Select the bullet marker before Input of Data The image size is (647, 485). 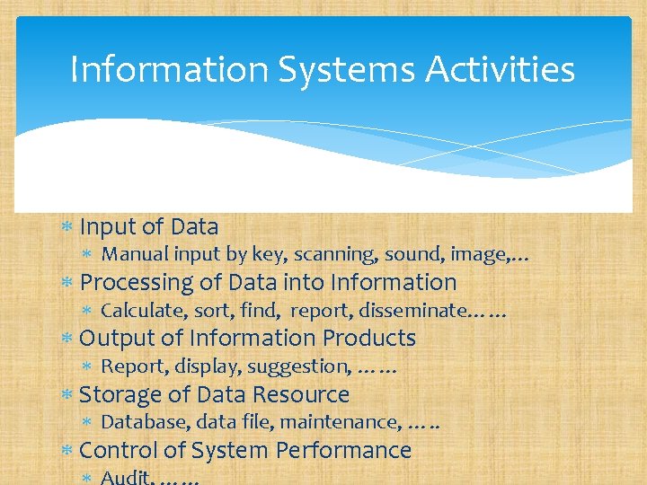66,227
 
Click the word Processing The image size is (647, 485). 137,283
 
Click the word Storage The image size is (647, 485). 113,394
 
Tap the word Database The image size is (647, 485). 137,421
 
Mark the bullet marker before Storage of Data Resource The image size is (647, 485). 66,395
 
